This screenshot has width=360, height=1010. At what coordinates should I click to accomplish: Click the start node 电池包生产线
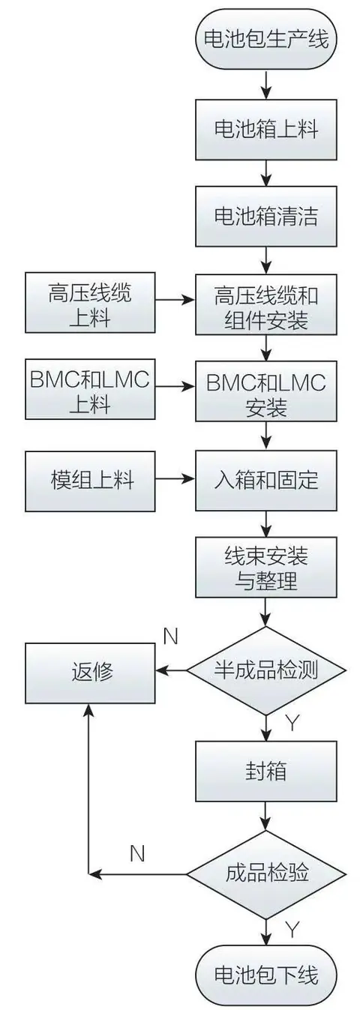pyautogui.click(x=266, y=40)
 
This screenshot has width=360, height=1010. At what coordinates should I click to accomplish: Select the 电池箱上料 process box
pyautogui.click(x=266, y=130)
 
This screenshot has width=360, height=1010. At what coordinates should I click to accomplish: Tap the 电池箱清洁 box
pyautogui.click(x=266, y=217)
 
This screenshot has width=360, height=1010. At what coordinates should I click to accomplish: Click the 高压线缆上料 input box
pyautogui.click(x=90, y=302)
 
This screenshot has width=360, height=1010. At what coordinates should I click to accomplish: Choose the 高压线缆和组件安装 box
pyautogui.click(x=266, y=304)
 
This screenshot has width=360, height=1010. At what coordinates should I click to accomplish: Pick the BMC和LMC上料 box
pyautogui.click(x=90, y=389)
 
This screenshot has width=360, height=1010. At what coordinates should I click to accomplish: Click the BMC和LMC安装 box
pyautogui.click(x=266, y=391)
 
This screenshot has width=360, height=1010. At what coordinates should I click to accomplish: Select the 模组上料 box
pyautogui.click(x=90, y=481)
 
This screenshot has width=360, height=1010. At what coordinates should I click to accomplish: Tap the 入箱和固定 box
pyautogui.click(x=266, y=480)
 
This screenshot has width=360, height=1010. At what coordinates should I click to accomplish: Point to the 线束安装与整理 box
pyautogui.click(x=266, y=567)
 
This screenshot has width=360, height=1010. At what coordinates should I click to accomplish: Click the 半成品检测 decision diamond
pyautogui.click(x=266, y=670)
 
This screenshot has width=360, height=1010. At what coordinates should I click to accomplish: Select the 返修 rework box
pyautogui.click(x=90, y=673)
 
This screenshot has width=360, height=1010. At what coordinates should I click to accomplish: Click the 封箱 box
pyautogui.click(x=266, y=772)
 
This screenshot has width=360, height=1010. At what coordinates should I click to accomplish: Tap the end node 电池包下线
pyautogui.click(x=266, y=976)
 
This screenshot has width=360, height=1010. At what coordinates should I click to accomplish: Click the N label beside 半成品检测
pyautogui.click(x=170, y=637)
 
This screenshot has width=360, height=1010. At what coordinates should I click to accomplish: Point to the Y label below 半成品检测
pyautogui.click(x=292, y=722)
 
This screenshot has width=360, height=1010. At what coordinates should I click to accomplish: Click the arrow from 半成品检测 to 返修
pyautogui.click(x=172, y=670)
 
